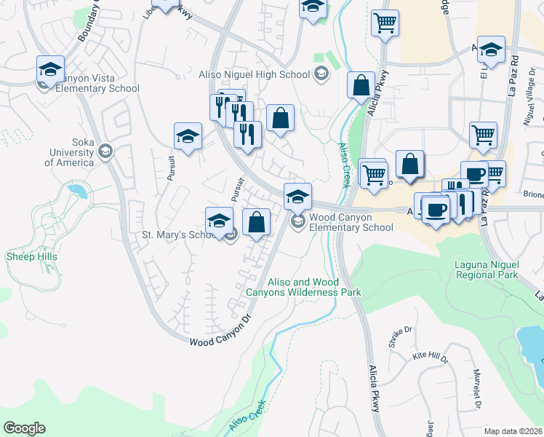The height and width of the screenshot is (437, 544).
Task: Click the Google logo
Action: [x=24, y=428]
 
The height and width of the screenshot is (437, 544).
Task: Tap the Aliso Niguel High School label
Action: [x=255, y=74]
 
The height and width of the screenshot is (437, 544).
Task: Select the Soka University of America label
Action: [x=69, y=152]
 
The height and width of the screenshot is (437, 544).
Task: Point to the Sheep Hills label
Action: [x=31, y=256]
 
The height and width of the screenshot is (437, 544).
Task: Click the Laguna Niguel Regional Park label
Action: [x=487, y=270]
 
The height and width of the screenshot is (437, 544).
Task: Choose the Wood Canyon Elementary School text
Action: [x=351, y=222]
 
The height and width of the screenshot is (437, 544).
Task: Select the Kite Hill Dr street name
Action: [x=430, y=357]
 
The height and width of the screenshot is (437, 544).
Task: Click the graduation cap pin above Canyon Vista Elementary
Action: [x=50, y=71]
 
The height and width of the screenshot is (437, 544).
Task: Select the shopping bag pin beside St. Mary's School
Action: [x=256, y=223]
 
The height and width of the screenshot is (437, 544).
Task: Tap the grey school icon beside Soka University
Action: [x=105, y=151]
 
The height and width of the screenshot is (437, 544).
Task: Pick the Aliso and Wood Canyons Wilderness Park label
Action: [x=304, y=287]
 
